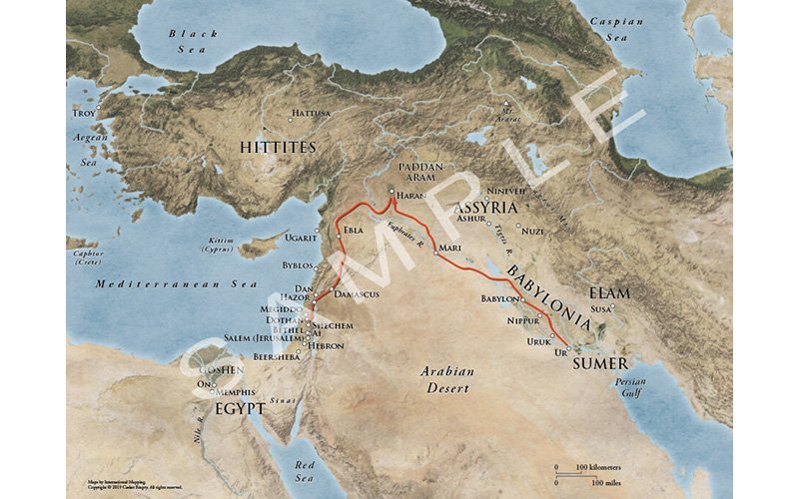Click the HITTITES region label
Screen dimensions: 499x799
[x=278, y=147]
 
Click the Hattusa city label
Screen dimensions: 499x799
[x=313, y=114]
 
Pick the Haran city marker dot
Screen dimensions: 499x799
[x=393, y=186]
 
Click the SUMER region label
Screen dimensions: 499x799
[x=600, y=364]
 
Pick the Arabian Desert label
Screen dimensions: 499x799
[x=446, y=378]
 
